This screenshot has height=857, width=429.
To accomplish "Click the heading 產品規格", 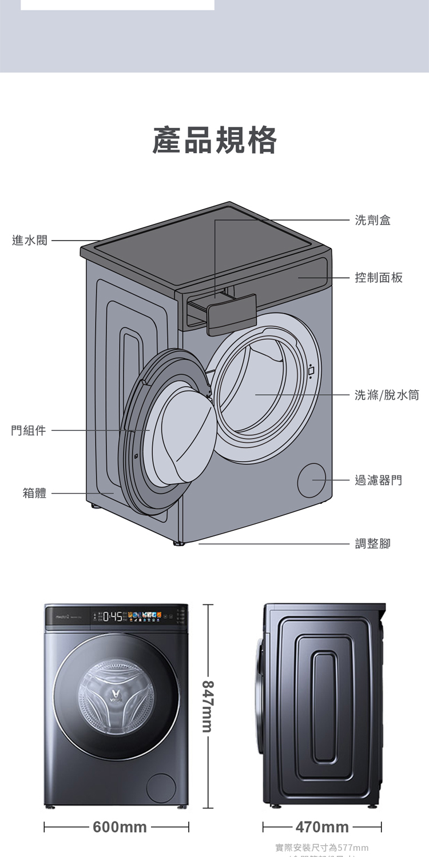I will [214, 141].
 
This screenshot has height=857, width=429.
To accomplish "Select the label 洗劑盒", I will [372, 220].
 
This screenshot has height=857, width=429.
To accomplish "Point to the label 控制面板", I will [379, 278].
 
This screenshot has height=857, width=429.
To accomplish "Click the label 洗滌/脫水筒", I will [387, 395].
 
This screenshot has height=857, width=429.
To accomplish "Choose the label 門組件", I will [29, 430].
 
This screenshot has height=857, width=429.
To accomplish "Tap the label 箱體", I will [35, 493].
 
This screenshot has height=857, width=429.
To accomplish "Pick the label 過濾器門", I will [378, 480].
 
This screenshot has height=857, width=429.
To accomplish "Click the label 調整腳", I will [372, 544].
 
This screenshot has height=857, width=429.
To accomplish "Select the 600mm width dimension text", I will [120, 827].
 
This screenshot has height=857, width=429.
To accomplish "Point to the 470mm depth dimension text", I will [322, 827].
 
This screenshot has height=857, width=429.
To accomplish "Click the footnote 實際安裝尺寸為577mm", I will [321, 847].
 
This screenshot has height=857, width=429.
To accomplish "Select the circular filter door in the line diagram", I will [312, 480].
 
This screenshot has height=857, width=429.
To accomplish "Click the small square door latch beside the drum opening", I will [311, 371].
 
